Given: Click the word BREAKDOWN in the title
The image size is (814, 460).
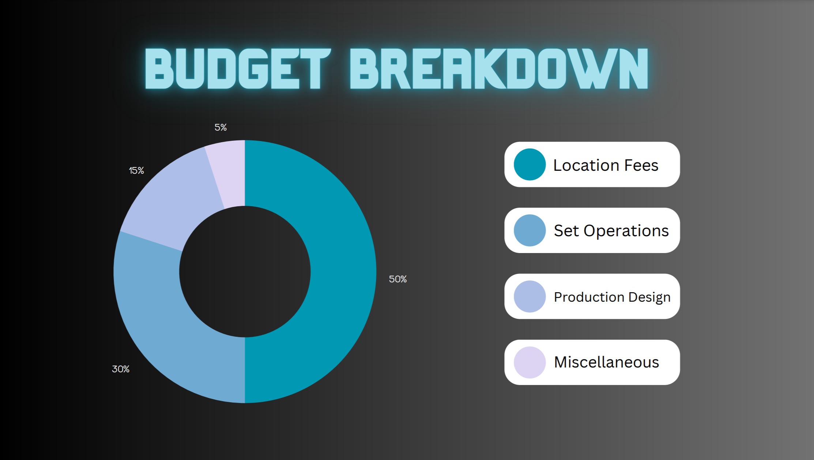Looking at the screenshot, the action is coord(499,68).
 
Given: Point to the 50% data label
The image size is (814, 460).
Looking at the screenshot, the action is coord(398,279).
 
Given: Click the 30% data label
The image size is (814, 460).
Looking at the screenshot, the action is coord(121,369).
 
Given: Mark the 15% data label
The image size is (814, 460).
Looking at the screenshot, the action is coord(136,171).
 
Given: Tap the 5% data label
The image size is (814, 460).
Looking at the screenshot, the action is coord(221,128).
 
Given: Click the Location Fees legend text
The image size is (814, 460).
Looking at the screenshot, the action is coord(606,165).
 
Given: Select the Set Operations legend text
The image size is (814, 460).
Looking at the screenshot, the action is coord(611,231).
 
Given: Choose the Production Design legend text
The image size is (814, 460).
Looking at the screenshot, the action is coord(612,297).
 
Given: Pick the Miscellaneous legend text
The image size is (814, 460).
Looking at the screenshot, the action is coord(606,362).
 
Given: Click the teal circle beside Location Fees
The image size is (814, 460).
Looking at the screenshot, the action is coord(530,165).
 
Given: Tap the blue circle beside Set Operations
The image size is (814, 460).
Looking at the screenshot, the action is coord(530,230).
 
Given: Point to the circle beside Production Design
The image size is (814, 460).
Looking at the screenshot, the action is coord(530,297).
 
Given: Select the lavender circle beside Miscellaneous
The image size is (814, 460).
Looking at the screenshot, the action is coord(530,362).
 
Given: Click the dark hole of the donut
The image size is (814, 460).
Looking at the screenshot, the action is coord(245,271).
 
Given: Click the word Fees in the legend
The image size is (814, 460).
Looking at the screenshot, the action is coord(641,165).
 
